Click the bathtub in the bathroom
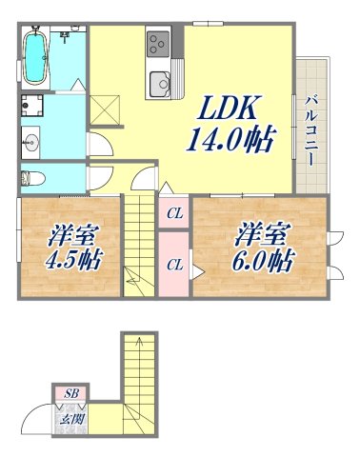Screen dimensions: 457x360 37,57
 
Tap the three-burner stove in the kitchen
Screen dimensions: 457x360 157,42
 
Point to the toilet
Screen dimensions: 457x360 30,176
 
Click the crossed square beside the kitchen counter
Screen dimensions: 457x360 108,108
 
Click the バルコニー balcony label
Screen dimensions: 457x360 311,129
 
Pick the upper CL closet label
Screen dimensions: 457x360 176,213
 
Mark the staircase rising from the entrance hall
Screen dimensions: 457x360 136,381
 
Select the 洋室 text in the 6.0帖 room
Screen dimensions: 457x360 258,231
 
